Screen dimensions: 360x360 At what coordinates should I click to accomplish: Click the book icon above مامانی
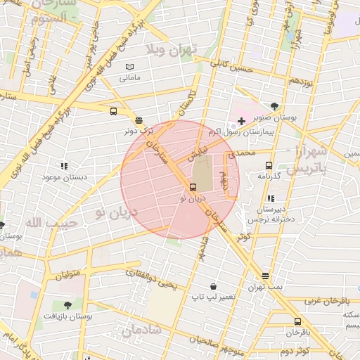tap(129, 67)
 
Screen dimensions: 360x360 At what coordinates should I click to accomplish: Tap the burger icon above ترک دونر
tap(139, 120)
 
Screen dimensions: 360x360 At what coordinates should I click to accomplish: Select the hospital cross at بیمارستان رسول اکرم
tap(241, 122)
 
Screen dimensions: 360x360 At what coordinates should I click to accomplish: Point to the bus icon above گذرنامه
tap(268, 166)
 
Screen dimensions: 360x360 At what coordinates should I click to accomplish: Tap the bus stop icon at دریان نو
tap(193, 187)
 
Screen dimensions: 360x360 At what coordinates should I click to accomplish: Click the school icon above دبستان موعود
tap(64, 167)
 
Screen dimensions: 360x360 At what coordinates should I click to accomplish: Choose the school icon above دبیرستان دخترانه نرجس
tap(271, 198)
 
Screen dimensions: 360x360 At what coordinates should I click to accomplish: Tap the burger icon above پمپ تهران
tap(265, 276)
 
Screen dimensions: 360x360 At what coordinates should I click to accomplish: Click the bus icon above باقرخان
tap(297, 322)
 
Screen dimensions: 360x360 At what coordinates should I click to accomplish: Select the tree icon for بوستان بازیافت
tap(67, 305)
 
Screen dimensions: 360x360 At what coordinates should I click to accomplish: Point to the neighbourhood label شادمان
tap(141, 330)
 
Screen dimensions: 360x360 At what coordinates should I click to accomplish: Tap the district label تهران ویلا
tap(173, 49)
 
